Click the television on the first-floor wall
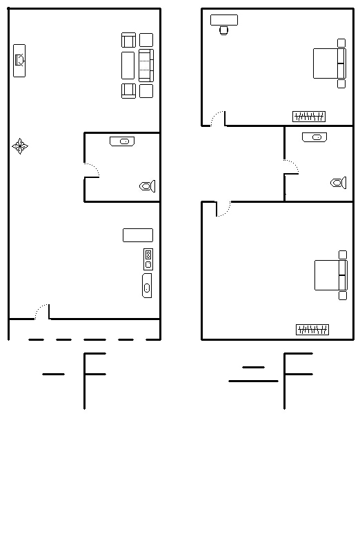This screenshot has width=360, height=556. (x=19, y=60)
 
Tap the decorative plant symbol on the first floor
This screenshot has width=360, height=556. (x=20, y=146)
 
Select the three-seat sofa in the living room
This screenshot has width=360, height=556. (x=146, y=66)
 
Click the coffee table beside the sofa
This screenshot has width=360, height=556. (x=128, y=66)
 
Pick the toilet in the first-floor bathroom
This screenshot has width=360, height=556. (x=148, y=186)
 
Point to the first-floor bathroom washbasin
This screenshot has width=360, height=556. (x=122, y=141)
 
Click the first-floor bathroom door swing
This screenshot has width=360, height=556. (x=92, y=170)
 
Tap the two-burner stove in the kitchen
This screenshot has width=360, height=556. (x=148, y=259)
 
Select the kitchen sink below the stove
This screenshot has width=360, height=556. (x=147, y=286)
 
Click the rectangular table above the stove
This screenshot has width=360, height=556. (x=138, y=235)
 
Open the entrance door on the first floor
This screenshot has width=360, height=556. (x=42, y=312)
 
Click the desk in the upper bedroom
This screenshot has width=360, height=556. (x=224, y=20)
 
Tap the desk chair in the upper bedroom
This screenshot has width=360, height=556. (x=224, y=30)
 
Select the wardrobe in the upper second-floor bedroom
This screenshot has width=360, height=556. (x=309, y=117)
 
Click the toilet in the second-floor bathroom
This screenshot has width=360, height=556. (x=339, y=183)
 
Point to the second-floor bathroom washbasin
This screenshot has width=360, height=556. (x=314, y=137)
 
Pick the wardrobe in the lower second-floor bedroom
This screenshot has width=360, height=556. (x=312, y=330)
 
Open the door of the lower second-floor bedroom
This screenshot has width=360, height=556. (x=223, y=209)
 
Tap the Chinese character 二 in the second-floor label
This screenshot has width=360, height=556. (x=253, y=374)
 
